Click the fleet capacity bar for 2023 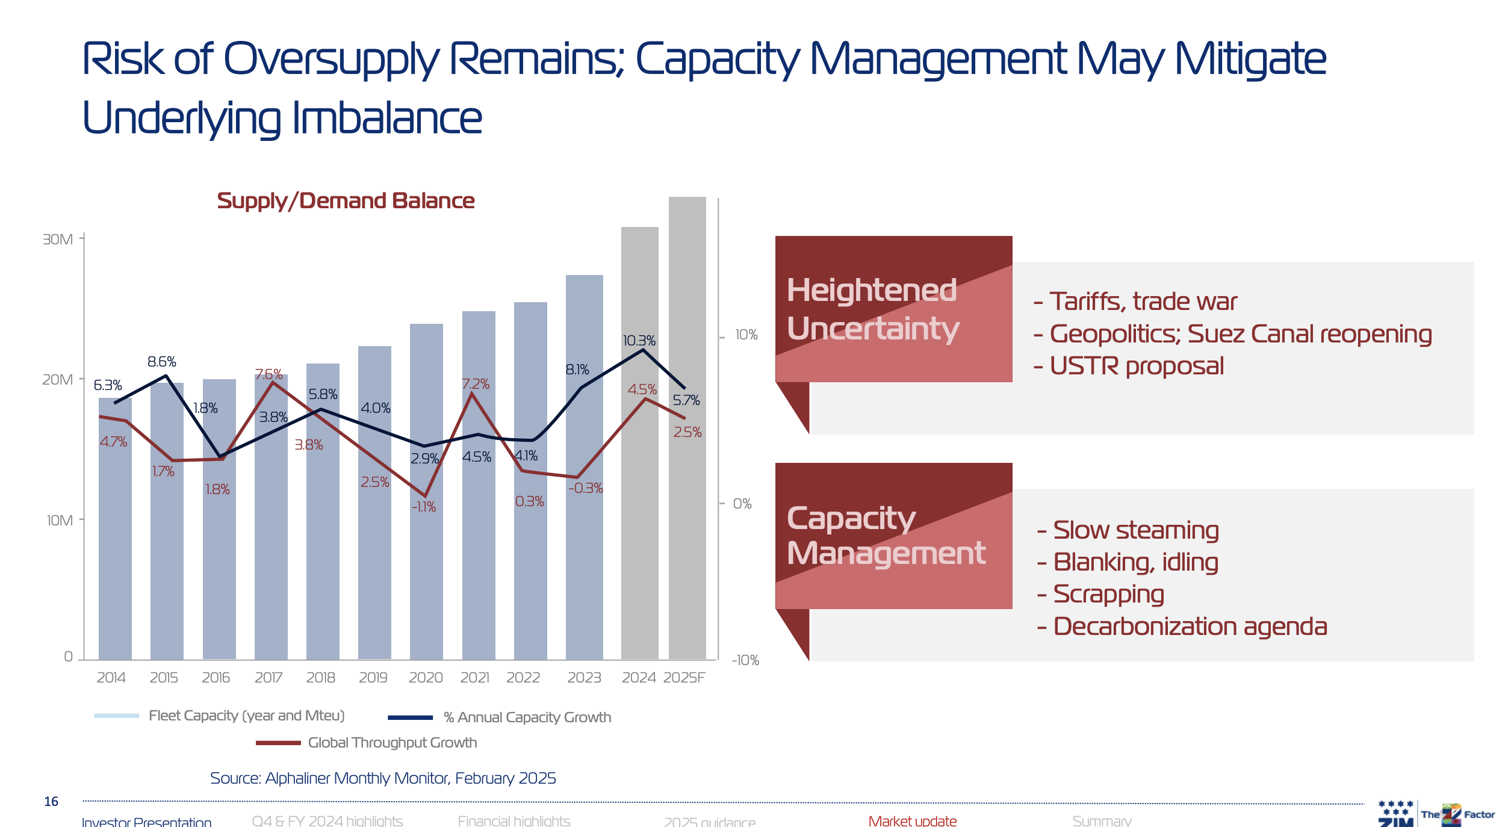584,542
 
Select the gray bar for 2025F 687,542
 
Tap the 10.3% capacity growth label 639,341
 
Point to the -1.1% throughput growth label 424,507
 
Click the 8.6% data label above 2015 161,362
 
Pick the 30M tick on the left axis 58,240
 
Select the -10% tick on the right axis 745,660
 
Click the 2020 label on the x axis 426,678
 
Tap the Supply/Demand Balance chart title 346,201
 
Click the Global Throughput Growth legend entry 392,743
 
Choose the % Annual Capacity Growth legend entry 527,717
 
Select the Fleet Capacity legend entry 246,716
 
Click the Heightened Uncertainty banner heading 872,309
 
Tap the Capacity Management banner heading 886,536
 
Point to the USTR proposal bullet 1136,366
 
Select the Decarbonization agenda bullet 1189,627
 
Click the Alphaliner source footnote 383,778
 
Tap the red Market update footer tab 912,820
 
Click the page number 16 51,802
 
